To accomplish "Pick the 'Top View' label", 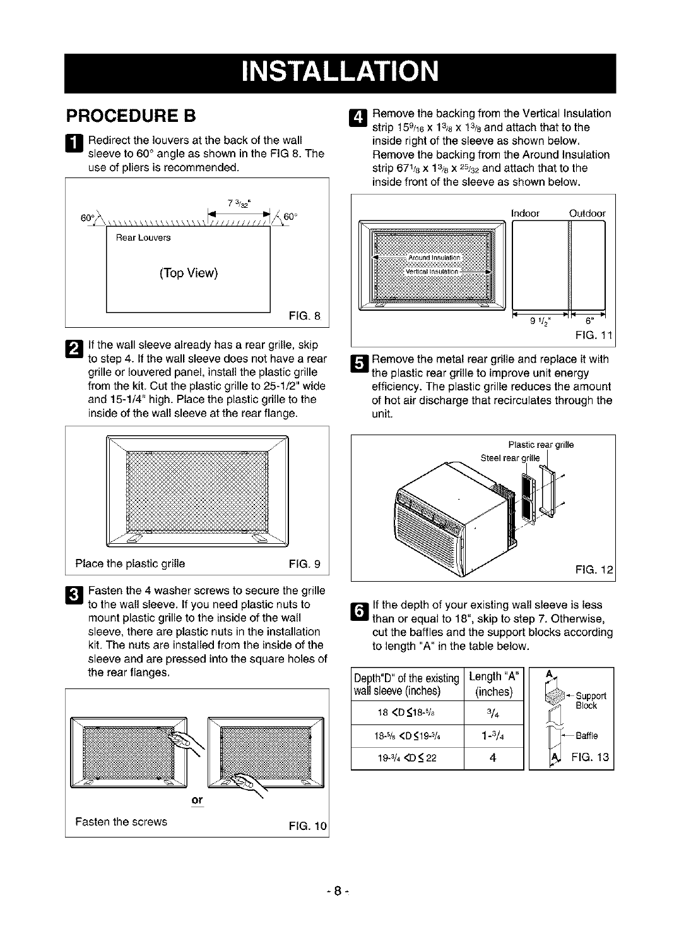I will pyautogui.click(x=189, y=273).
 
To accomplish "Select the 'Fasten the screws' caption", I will pyautogui.click(x=121, y=822).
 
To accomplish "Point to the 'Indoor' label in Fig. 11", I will pyautogui.click(x=526, y=213).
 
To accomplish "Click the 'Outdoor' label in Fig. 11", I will pyautogui.click(x=587, y=213).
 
